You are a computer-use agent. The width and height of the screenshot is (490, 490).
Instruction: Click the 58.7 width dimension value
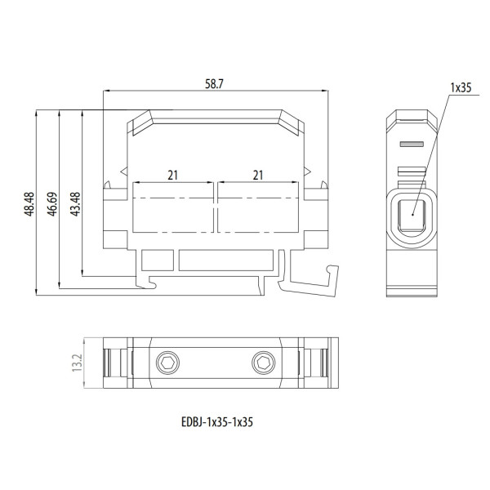[x=214, y=84]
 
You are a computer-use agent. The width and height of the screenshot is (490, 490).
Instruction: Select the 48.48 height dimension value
[x=29, y=204]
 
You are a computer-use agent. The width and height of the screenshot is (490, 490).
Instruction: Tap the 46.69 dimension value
[x=52, y=204]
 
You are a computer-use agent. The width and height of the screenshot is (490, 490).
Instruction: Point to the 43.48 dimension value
[x=75, y=204]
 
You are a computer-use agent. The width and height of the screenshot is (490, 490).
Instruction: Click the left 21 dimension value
[x=172, y=176]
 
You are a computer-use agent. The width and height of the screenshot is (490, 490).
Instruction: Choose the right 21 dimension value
[x=258, y=176]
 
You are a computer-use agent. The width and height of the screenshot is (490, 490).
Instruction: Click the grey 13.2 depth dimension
[x=77, y=363]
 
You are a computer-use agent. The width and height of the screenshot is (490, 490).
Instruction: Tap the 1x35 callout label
[x=461, y=88]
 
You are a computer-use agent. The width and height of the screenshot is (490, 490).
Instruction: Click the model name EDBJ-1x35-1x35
[x=217, y=422]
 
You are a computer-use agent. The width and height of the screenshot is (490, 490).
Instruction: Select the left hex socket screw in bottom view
[x=167, y=363]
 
